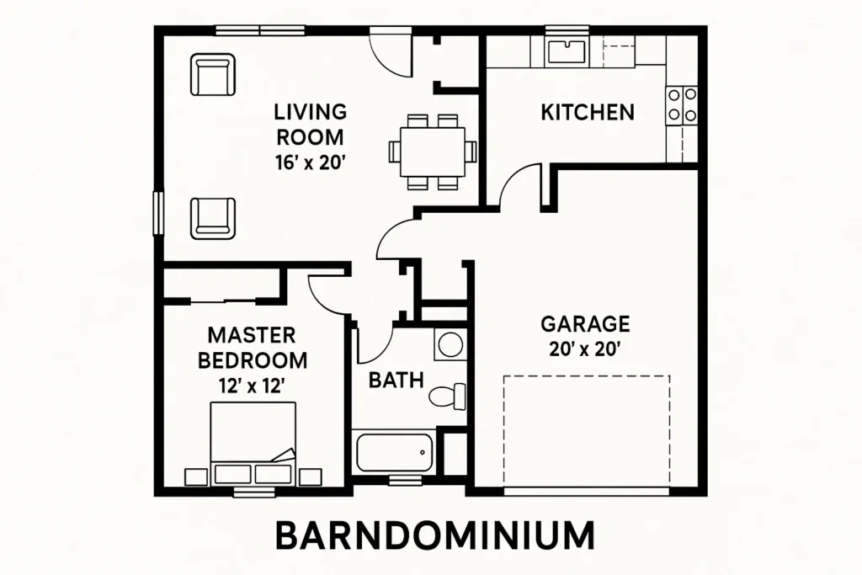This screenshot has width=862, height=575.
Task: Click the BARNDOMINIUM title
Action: pos(434,535)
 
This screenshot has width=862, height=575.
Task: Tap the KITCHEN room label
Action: pos(588,112)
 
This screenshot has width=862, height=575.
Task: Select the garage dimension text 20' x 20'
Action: pos(585,349)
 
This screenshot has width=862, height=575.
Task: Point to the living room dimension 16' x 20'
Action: pos(311,162)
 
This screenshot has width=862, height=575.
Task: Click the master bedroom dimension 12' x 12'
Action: pos(252,386)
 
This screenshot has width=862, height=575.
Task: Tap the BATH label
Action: pos(396,380)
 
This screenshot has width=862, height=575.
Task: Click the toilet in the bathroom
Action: pos(447,396)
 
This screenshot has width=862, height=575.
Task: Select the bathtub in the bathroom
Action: pos(394,452)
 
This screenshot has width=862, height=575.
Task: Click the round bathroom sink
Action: pos(450,344)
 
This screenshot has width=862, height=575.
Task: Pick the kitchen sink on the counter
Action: pos(567,51)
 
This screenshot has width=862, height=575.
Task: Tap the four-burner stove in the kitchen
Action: pos(682,105)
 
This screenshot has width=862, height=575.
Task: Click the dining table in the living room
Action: pos(433,152)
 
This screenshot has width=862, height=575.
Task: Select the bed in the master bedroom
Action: pos(253,444)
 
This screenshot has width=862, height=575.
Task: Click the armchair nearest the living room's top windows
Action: pos(213,74)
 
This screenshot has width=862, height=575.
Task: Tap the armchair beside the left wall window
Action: pos(213,219)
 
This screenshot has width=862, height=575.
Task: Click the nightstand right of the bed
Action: pos(310,477)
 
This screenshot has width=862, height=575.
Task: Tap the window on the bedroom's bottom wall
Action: pos(253,492)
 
